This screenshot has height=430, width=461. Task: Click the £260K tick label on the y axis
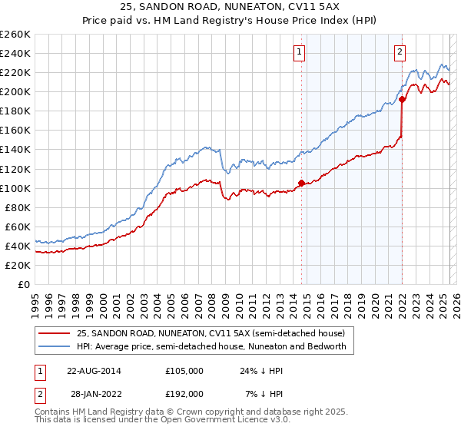(15, 35)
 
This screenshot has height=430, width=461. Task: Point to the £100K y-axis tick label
(15, 188)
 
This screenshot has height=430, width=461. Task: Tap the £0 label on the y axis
(25, 284)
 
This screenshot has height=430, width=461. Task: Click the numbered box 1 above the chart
(298, 52)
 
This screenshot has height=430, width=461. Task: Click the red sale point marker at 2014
(301, 183)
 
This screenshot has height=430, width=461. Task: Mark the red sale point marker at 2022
(402, 99)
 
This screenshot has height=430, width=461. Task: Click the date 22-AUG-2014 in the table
(94, 371)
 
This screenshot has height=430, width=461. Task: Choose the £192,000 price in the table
(184, 394)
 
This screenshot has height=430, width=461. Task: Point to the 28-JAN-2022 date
(94, 394)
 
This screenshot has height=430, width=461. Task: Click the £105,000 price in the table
(184, 371)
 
